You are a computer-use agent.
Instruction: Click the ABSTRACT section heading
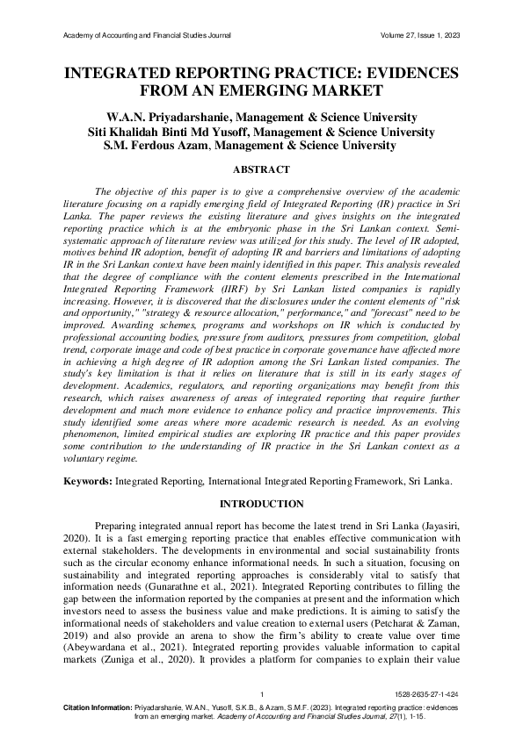point(261,169)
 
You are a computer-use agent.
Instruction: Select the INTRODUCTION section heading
point(261,504)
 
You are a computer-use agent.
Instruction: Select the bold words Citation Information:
point(98,707)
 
